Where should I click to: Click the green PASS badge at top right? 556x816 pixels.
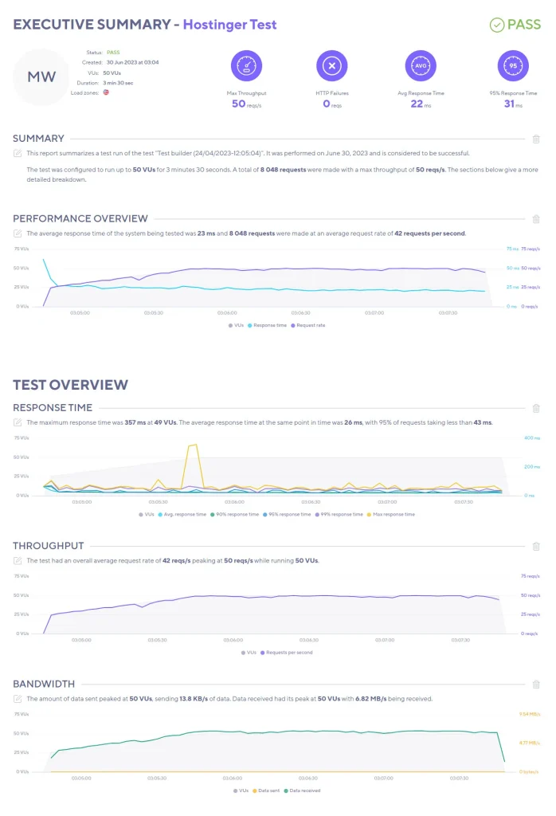tap(515, 25)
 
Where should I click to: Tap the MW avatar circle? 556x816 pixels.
tap(41, 76)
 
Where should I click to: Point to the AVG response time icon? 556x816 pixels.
tap(421, 66)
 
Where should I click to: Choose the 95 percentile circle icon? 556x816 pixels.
tap(513, 66)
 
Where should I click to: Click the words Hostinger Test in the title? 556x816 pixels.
tap(229, 25)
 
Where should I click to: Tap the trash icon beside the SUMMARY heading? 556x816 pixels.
tap(536, 139)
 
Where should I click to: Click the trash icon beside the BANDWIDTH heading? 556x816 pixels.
tap(536, 684)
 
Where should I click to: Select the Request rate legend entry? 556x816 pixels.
tap(309, 325)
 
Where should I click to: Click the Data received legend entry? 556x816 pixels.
tap(303, 790)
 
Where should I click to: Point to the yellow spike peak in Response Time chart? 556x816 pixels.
tap(192, 445)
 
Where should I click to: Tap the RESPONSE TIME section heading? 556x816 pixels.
tap(53, 408)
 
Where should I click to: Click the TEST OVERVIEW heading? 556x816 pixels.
tap(70, 385)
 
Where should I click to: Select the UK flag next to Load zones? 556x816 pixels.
tap(105, 92)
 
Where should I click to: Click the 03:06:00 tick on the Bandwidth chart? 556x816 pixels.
tap(232, 779)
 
